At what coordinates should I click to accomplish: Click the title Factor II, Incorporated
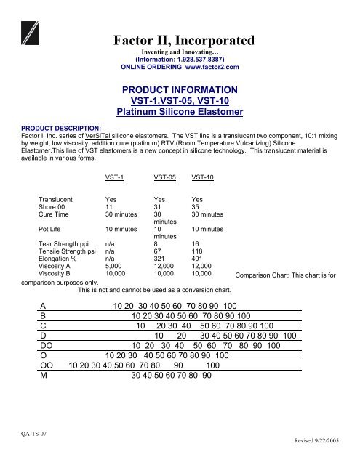point(180,38)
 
